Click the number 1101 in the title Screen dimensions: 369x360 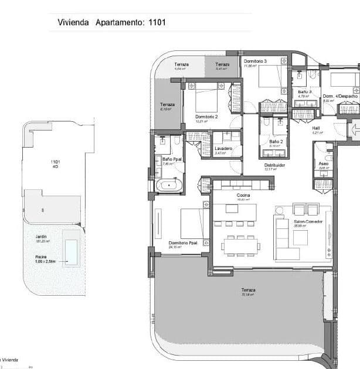tap(155, 23)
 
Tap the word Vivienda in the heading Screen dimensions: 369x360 tap(73, 23)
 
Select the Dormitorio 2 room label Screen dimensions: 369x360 tap(206, 117)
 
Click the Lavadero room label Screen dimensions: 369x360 tap(223, 148)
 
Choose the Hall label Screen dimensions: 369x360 tap(315, 128)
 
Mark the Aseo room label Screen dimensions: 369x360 tap(323, 163)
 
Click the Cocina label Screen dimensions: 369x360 tap(243, 195)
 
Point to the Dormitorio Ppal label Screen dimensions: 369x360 tap(182, 243)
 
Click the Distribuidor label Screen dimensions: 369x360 tap(274, 165)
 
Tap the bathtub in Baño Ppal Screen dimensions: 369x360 tap(169, 186)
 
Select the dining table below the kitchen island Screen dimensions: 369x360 tap(240, 245)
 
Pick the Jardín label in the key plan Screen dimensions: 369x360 tap(41, 237)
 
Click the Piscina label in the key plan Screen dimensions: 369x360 tap(42, 256)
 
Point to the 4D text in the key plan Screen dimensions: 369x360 tap(55, 166)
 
